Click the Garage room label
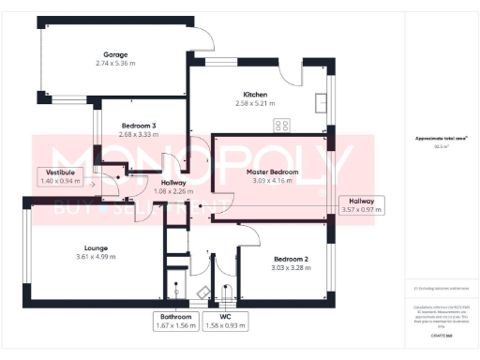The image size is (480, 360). (115, 55)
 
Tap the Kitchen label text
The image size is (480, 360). (256, 96)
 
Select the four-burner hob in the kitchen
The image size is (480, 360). (280, 125)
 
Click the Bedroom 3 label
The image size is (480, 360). (140, 126)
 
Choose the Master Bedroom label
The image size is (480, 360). (272, 172)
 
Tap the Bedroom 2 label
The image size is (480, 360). (291, 258)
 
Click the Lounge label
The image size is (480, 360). (97, 248)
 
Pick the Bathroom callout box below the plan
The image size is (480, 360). (175, 321)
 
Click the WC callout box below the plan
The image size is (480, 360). (224, 321)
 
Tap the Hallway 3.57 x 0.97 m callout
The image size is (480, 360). (362, 205)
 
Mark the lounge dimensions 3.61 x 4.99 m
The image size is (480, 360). (97, 256)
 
